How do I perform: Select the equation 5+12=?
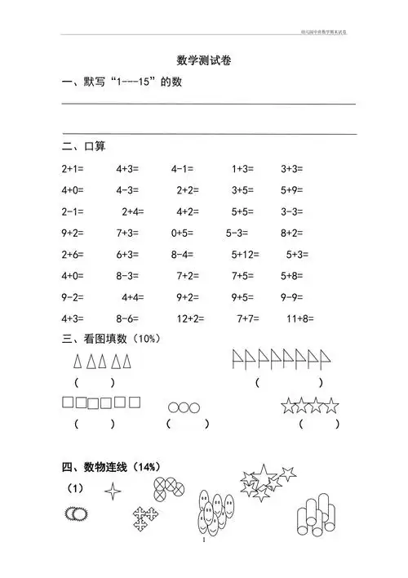click(246, 254)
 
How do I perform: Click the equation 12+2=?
click(191, 318)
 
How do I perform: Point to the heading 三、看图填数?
click(108, 338)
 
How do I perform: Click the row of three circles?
click(184, 406)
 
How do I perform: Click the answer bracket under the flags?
click(289, 381)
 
